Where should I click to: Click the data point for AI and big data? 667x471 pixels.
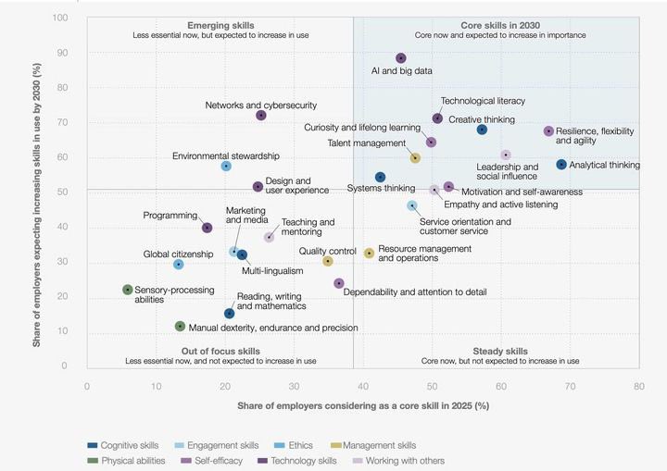(401, 58)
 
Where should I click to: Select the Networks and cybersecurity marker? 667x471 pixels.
(261, 116)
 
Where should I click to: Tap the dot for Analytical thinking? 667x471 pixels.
(561, 165)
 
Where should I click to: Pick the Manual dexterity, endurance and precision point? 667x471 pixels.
(181, 326)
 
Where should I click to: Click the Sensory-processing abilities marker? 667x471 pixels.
(128, 290)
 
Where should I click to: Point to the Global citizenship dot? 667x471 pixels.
(179, 265)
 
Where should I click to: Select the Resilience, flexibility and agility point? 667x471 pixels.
(548, 131)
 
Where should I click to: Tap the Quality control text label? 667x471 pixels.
(327, 250)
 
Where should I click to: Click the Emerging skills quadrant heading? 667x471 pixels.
(220, 25)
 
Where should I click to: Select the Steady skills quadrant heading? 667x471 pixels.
(500, 351)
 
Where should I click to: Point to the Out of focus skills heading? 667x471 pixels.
(220, 351)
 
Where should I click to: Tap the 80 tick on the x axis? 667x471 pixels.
(638, 386)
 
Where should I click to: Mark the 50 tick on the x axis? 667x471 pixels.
(432, 386)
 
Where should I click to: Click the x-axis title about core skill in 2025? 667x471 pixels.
(363, 406)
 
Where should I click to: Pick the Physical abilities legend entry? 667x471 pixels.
(127, 460)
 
